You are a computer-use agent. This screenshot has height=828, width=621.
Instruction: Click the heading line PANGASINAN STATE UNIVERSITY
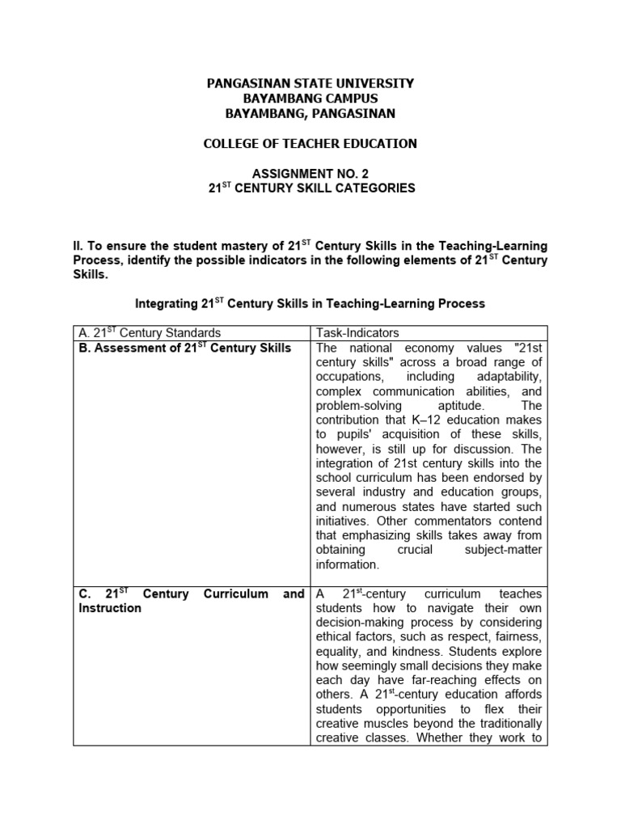[310, 83]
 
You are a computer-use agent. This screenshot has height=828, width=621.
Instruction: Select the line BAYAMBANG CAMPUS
[310, 98]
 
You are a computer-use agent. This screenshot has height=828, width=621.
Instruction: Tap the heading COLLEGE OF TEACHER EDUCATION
[310, 144]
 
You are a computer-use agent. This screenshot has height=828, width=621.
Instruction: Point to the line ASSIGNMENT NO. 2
[310, 173]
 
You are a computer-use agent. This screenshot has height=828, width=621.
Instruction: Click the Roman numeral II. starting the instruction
[78, 246]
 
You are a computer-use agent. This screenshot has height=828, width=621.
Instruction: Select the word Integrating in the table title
[165, 304]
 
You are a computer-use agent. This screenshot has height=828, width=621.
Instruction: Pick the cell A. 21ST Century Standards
[149, 333]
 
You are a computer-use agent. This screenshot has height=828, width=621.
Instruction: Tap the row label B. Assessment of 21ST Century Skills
[184, 349]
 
